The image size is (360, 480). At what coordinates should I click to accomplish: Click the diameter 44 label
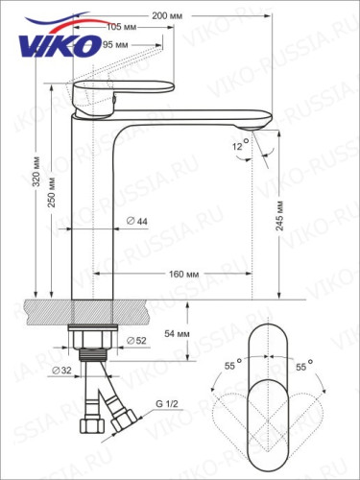pyautogui.click(x=136, y=222)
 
